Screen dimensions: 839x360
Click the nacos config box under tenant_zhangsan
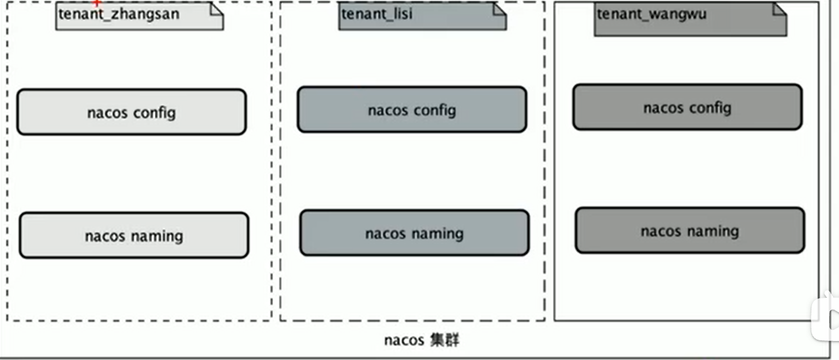tap(131, 112)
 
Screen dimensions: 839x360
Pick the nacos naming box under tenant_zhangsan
tap(134, 235)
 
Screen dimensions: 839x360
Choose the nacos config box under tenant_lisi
tap(412, 110)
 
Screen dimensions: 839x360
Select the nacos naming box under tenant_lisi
tap(415, 233)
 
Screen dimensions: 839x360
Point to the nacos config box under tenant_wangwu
tap(687, 107)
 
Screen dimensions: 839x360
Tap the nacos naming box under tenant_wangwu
tap(690, 230)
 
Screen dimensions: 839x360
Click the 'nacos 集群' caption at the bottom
tap(421, 340)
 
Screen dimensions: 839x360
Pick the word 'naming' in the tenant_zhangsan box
tap(157, 235)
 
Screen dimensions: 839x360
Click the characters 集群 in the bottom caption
tap(444, 340)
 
